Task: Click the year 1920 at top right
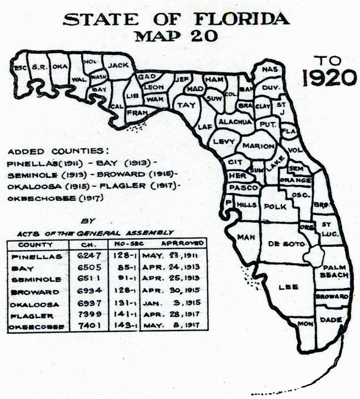[329, 79]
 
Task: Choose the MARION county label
[258, 145]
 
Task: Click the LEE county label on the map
[289, 287]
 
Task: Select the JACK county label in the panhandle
[119, 65]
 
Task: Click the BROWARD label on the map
[332, 297]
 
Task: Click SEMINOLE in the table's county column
[35, 281]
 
